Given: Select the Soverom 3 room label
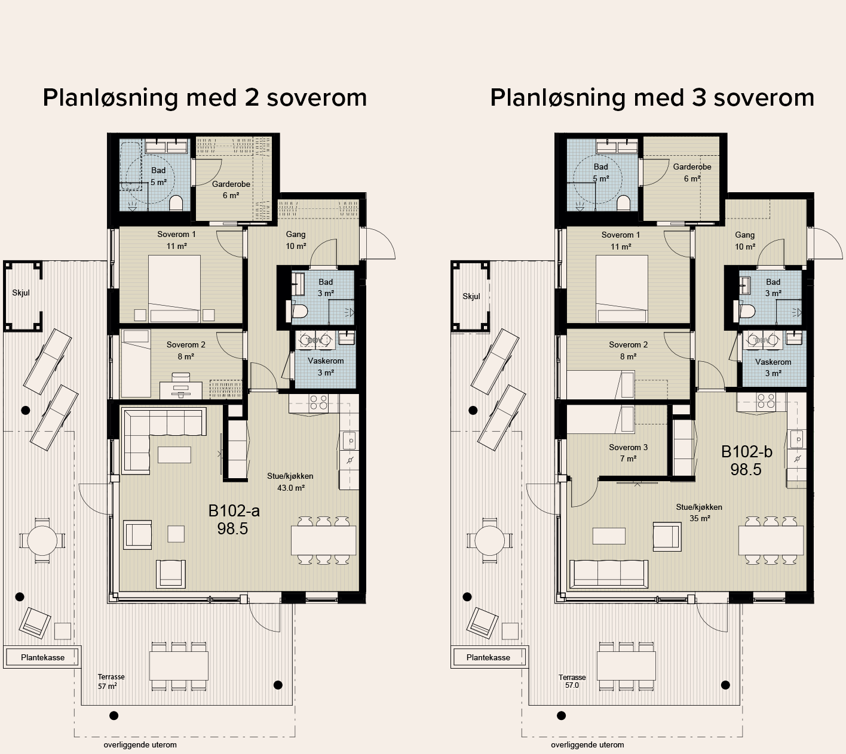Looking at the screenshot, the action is (628, 453).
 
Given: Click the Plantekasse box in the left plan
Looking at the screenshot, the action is (42, 657).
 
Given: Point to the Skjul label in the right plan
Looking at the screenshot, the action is (471, 296).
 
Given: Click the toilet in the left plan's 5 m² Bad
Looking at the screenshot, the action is (176, 204).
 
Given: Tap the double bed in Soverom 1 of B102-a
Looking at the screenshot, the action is (174, 289).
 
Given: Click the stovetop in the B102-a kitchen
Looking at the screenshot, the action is (318, 401).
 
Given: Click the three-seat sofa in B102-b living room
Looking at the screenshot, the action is (609, 574).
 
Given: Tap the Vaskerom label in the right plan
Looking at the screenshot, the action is (773, 368).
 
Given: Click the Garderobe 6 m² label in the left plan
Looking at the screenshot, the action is (231, 189).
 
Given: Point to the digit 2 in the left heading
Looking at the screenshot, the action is (252, 98).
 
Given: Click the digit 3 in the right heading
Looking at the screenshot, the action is (700, 98).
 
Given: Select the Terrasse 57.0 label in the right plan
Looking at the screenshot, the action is (572, 681).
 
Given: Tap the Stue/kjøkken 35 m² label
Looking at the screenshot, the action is (699, 513).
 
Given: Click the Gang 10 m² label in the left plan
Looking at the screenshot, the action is (296, 241).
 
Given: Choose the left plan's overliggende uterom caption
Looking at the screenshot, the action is (140, 745).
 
